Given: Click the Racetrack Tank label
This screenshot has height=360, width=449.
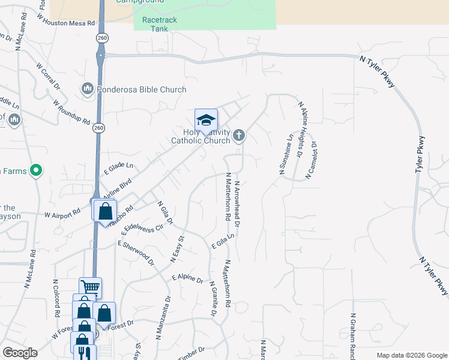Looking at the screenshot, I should coord(155,24).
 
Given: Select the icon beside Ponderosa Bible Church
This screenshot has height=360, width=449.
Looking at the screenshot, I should coord(88,89).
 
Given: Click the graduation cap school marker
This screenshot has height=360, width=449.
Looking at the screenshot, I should coord(206,119).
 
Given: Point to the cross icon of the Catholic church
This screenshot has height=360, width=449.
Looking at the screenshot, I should coord(239,135).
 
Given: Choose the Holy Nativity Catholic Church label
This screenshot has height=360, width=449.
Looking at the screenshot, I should coord(200,136).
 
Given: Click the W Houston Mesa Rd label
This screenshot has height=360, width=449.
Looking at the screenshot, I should coord(66,20).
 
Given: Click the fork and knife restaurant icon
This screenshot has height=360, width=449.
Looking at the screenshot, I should coord(85,353).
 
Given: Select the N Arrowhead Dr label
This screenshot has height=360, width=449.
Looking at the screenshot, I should coord(237,203).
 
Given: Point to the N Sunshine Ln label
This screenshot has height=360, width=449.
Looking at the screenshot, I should coord(286,154).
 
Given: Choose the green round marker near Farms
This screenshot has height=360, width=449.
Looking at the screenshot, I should coord(36,171).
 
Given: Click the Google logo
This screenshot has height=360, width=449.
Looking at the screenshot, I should coord(20,353).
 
